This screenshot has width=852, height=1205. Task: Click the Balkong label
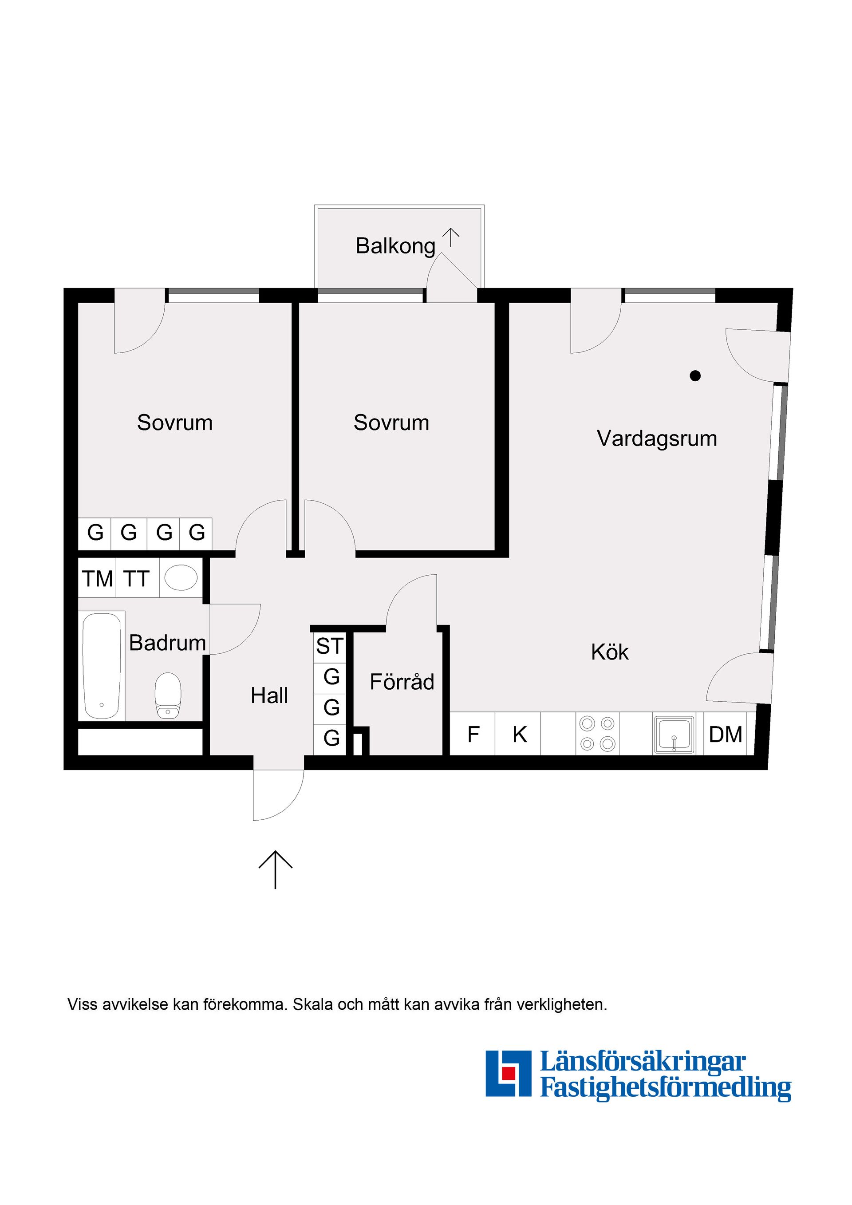tap(395, 246)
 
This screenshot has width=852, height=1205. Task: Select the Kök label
tap(610, 652)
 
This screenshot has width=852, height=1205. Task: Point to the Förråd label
tap(402, 682)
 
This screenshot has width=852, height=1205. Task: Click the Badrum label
tap(167, 643)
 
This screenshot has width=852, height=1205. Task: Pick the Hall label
tap(269, 695)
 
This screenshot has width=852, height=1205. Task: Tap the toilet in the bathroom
tap(168, 695)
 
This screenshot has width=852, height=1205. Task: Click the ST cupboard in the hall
tap(329, 647)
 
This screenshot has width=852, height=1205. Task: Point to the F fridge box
tap(473, 734)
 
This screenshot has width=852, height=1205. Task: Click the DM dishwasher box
tap(726, 734)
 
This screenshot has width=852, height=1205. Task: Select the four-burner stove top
tap(597, 734)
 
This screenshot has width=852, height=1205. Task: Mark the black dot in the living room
tap(695, 375)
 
